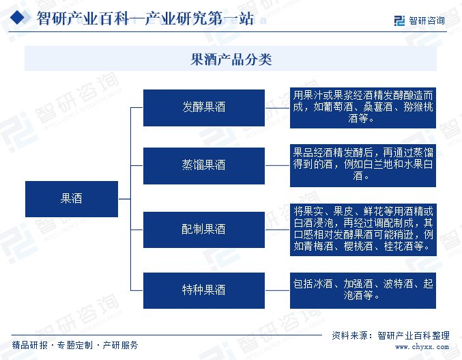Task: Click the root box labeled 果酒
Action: point(71,198)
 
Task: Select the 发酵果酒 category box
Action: point(203,107)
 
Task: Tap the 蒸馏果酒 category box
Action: point(203,165)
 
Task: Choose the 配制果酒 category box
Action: point(203,229)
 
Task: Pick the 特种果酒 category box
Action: point(203,290)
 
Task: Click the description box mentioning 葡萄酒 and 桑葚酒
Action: point(362,107)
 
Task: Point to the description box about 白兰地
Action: point(362,165)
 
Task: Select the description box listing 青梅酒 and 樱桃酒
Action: point(362,229)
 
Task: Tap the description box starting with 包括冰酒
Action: point(362,290)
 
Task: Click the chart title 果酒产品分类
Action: point(231,60)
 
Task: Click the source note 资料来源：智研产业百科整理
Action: point(390,335)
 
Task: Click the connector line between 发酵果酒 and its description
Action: point(277,107)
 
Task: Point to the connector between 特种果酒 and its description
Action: point(277,290)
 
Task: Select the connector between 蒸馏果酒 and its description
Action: point(277,165)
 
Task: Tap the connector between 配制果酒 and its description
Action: point(277,229)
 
